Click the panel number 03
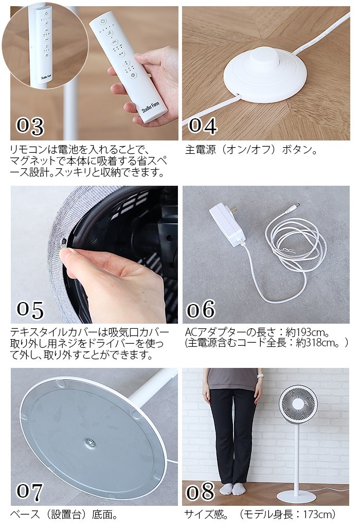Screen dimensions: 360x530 pos(30,126)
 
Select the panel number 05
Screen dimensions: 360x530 pos(30,310)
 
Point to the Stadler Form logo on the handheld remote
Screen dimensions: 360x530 pos(150,108)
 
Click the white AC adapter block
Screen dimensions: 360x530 pos(227,224)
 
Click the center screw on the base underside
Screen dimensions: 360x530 pos(89,442)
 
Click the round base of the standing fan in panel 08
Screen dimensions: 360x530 pos(297,496)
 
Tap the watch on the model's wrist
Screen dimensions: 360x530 pos(259,376)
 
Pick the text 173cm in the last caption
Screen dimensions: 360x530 pos(319,515)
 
